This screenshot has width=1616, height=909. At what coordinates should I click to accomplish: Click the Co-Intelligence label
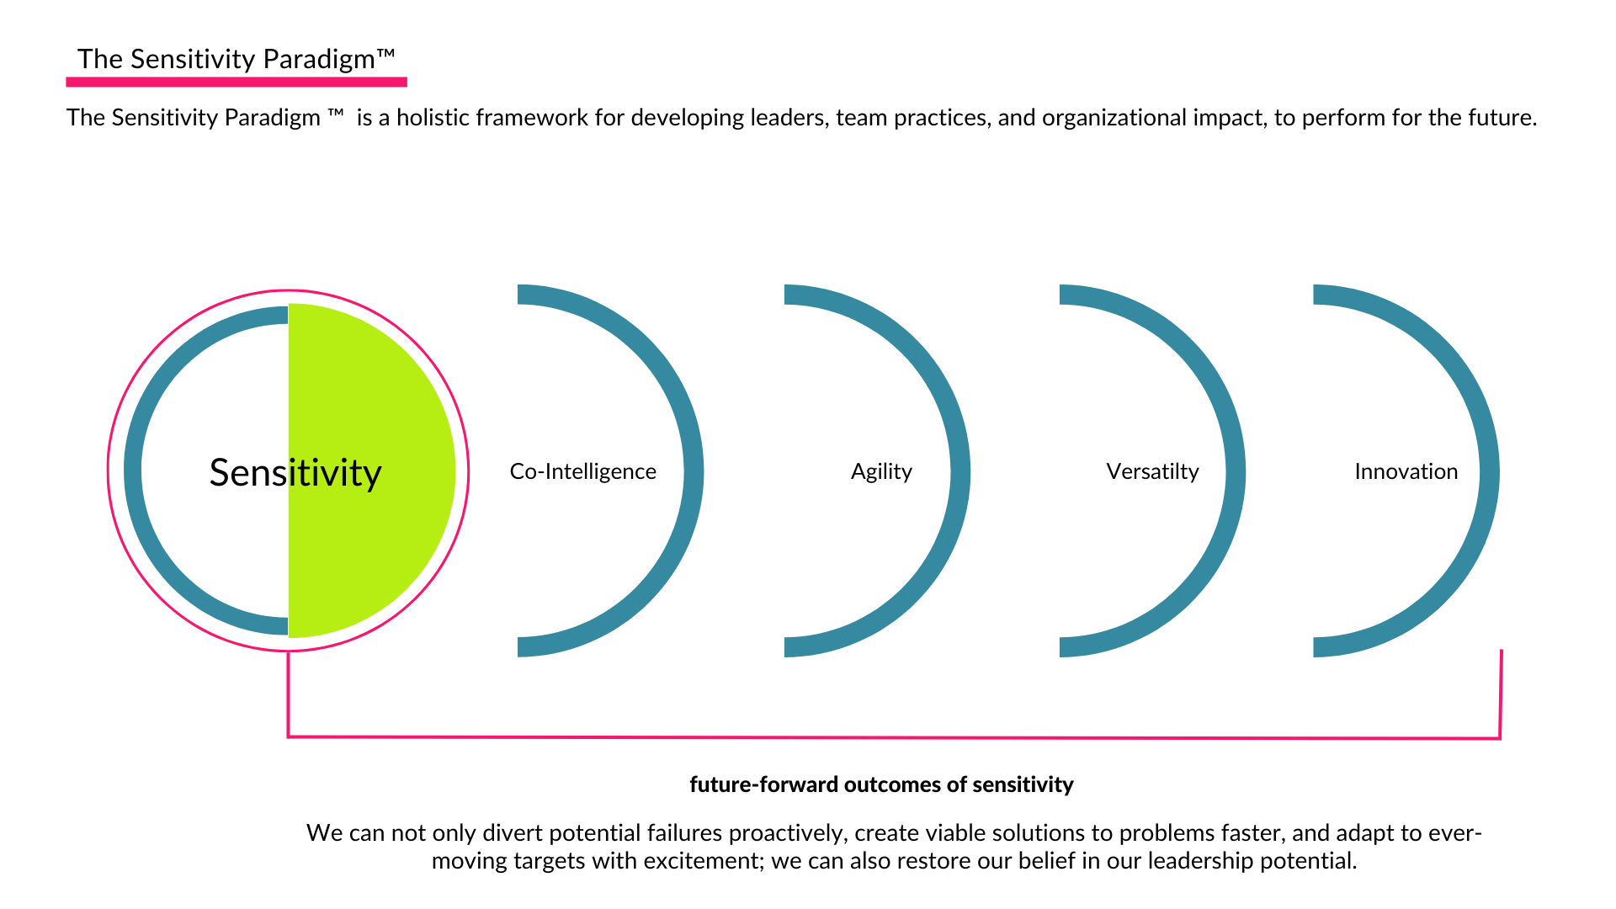(x=582, y=471)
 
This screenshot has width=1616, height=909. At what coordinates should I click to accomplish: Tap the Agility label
(x=881, y=471)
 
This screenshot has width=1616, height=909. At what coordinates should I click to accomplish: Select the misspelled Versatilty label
(x=1152, y=471)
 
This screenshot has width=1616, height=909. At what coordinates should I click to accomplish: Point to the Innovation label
(x=1406, y=471)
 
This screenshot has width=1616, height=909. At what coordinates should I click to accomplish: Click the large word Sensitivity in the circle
(x=295, y=473)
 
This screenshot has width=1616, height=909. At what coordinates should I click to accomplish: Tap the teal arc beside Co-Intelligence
(x=694, y=471)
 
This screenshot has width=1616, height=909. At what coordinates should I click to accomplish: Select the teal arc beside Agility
(x=960, y=471)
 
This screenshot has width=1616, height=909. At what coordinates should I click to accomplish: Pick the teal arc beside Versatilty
(x=1236, y=471)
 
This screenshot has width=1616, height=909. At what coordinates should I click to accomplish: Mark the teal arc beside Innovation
(x=1489, y=471)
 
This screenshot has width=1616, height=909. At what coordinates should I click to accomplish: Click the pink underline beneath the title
(x=237, y=82)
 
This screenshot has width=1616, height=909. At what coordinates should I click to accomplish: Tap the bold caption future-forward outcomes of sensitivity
(x=881, y=784)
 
